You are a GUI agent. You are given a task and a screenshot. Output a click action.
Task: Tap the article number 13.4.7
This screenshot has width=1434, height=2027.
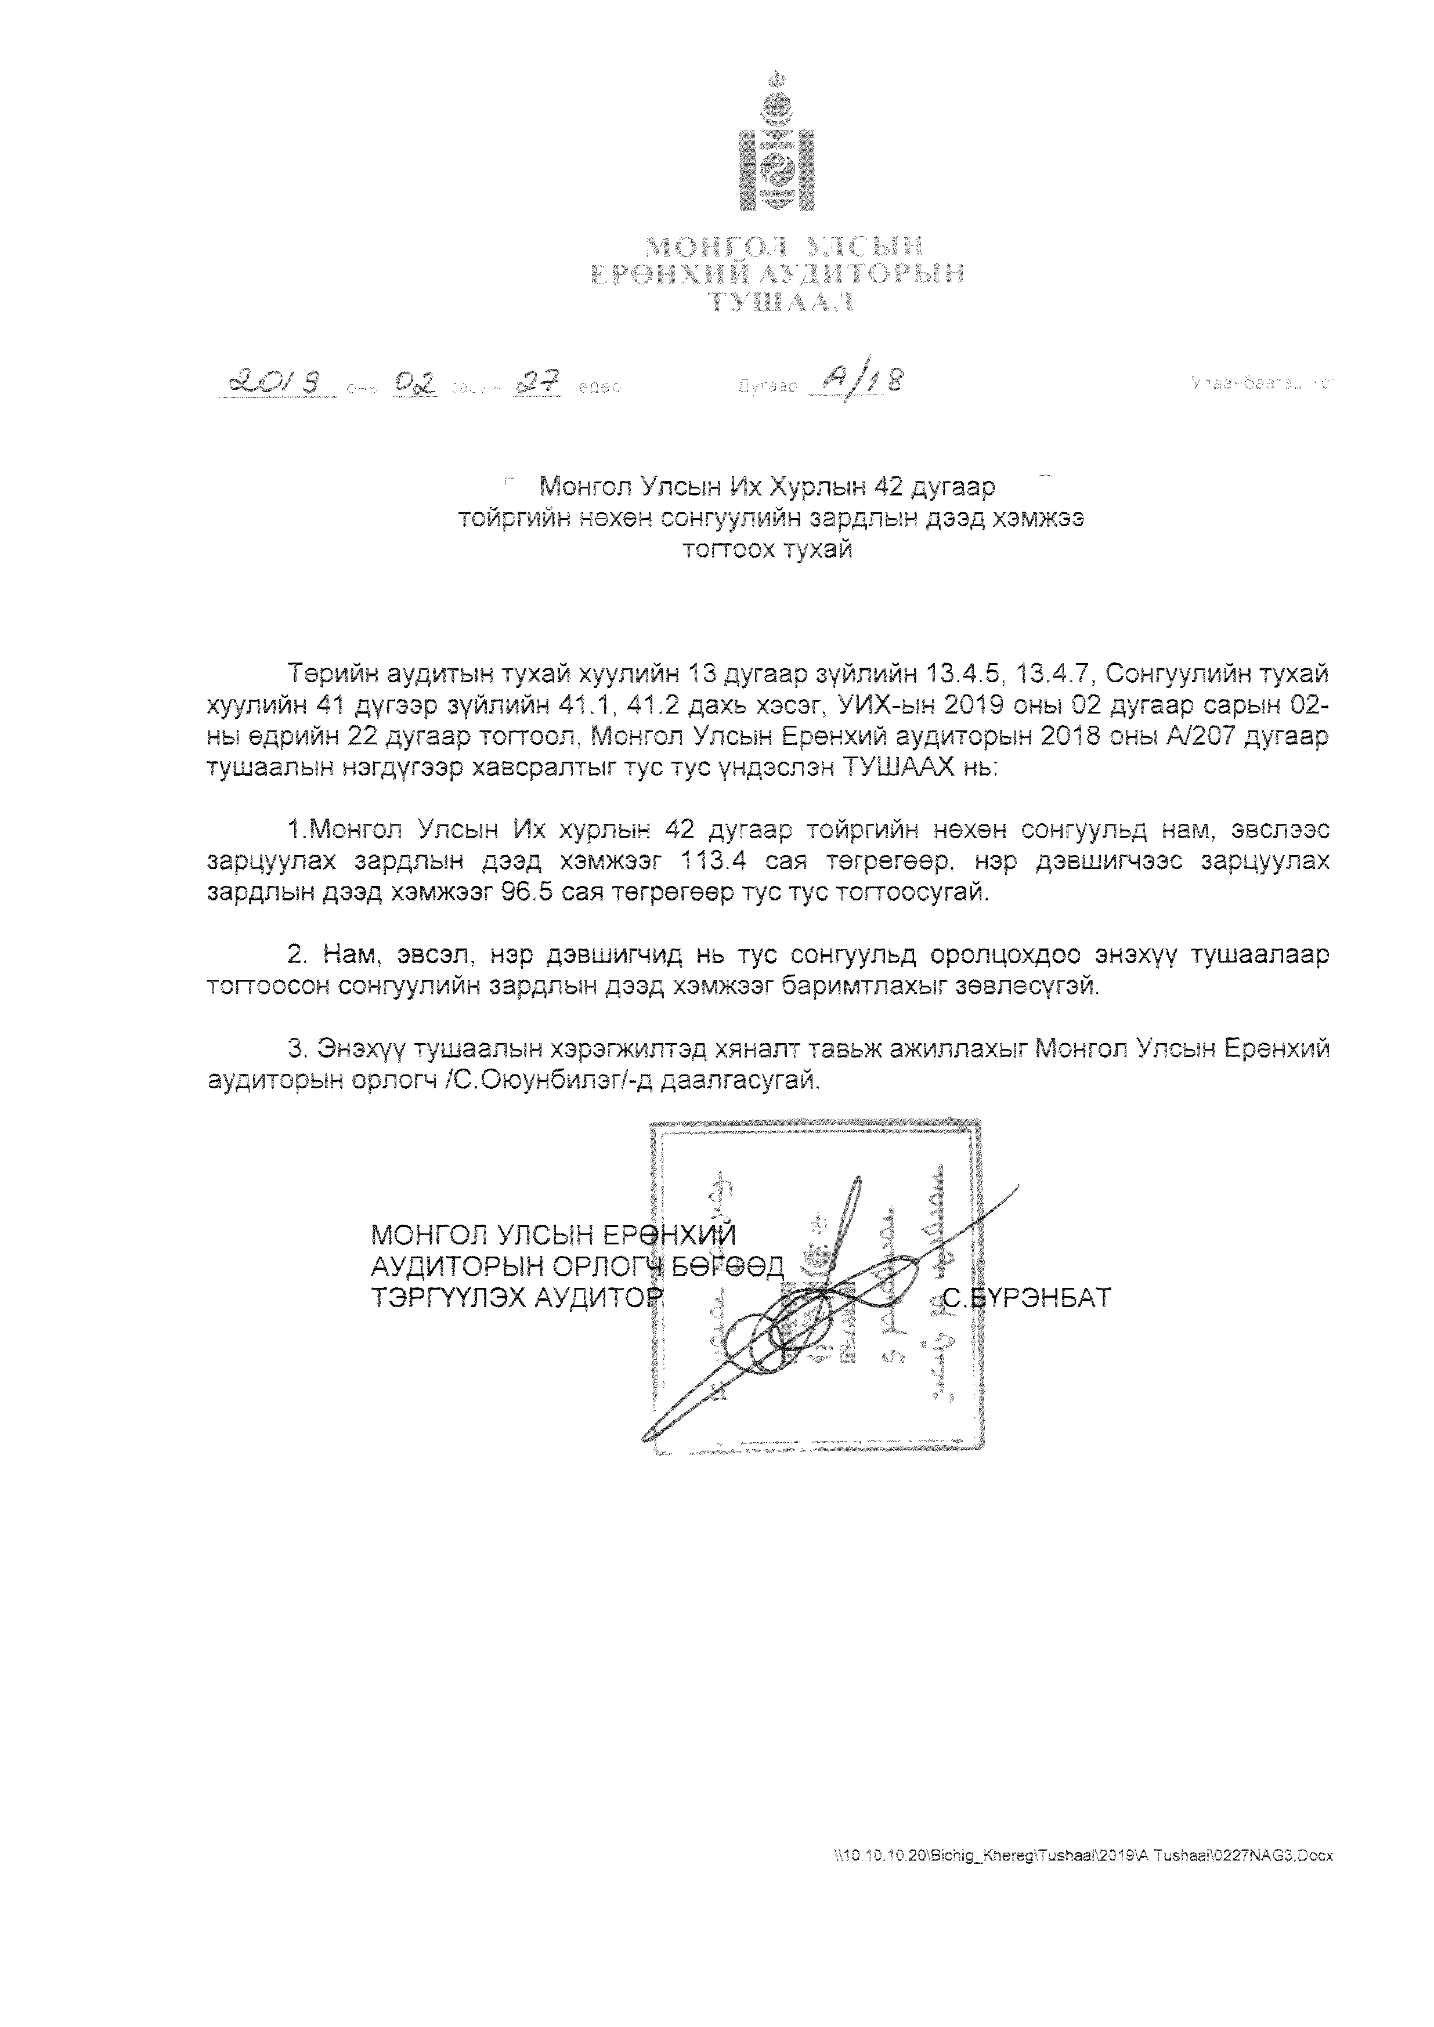1056,675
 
